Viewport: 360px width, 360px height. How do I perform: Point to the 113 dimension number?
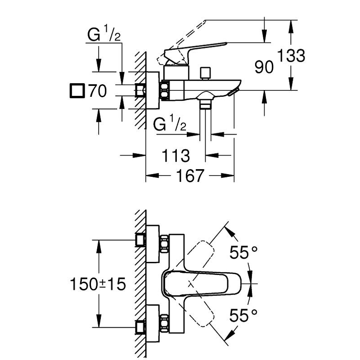[x=176, y=156]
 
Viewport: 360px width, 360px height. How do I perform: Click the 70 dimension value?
[x=97, y=91]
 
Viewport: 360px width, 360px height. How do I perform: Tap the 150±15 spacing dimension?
[x=98, y=284]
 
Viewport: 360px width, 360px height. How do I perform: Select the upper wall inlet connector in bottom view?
[x=141, y=239]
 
